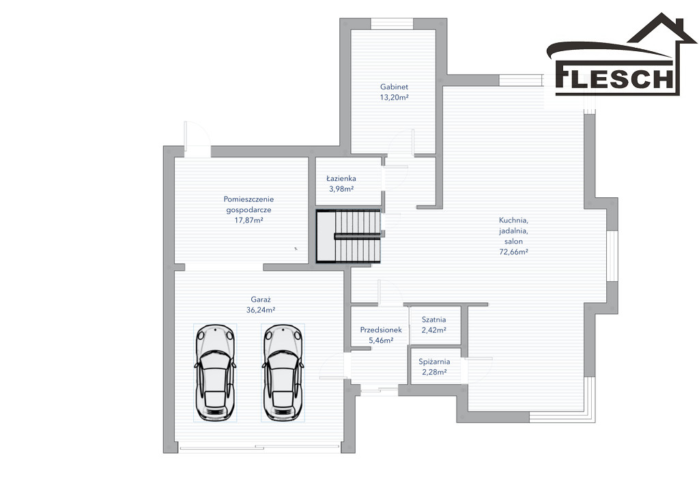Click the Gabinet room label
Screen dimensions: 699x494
click(x=394, y=87)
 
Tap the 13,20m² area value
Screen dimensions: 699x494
click(x=395, y=98)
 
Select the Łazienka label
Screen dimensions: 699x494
click(x=341, y=178)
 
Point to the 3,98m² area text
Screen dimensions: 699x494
click(x=341, y=189)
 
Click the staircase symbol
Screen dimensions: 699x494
click(x=349, y=236)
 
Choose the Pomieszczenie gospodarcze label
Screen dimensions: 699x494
click(x=248, y=205)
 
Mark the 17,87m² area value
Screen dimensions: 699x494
click(x=248, y=220)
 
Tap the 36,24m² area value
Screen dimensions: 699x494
click(x=261, y=310)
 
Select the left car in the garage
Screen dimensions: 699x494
click(x=215, y=373)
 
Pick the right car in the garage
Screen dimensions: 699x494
click(x=283, y=373)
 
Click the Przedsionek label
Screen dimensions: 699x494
click(x=381, y=330)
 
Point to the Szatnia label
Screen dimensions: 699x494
click(x=434, y=320)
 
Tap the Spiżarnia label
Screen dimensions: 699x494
click(x=434, y=362)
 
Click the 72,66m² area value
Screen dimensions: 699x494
click(x=513, y=252)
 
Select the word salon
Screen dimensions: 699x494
click(x=513, y=242)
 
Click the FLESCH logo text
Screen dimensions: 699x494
click(x=615, y=79)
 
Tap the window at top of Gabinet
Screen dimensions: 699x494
click(x=393, y=24)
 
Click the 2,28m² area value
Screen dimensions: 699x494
click(x=434, y=373)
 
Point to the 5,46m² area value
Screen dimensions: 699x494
click(x=381, y=340)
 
